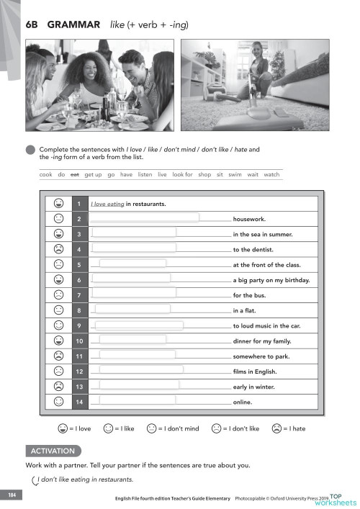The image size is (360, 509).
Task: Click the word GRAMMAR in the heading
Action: pos(73,25)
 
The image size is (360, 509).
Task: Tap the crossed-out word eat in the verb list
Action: pos(74,174)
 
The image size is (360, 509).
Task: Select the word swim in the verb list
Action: pos(235,174)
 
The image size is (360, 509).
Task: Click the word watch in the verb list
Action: pos(271,174)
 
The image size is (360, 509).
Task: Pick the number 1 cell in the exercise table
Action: pos(78,204)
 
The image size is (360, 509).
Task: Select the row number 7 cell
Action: pos(78,296)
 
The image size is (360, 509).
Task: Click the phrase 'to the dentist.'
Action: pos(256,249)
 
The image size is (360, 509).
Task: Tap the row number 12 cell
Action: pos(78,371)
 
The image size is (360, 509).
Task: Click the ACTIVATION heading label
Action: pos(53,451)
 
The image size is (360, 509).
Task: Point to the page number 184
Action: pos(12,495)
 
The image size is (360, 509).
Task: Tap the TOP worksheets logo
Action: pos(338,499)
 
